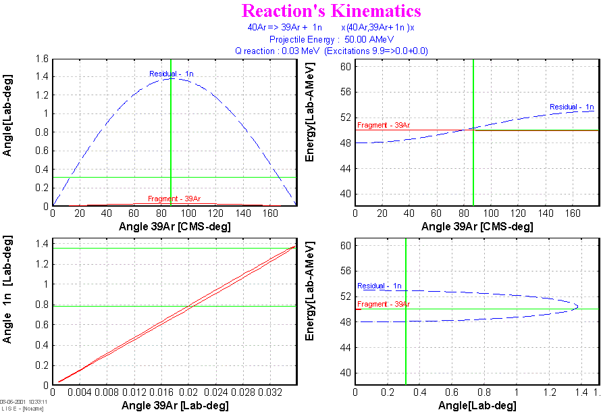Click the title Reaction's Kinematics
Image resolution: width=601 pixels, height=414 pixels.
tap(331, 11)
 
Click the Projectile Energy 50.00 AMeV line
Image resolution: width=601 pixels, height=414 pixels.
tap(331, 39)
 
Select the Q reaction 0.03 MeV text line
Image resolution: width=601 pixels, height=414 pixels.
tap(331, 51)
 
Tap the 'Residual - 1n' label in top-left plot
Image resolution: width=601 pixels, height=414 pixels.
tap(172, 73)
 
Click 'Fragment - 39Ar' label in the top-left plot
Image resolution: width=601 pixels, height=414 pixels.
tap(174, 199)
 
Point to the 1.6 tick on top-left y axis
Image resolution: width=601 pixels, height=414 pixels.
tap(43, 59)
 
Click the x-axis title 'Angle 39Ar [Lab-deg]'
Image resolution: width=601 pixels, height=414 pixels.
tap(174, 405)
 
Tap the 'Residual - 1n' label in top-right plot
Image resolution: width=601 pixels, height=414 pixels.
tap(571, 107)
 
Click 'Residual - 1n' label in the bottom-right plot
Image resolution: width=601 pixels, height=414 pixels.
tap(380, 286)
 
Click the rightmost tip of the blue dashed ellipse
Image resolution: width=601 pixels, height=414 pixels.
tap(577, 306)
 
